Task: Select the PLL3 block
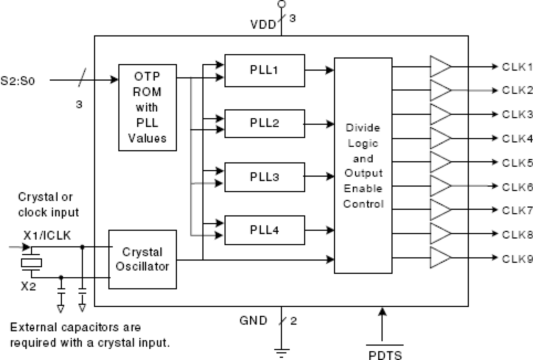click(x=265, y=176)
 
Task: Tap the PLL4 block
click(x=265, y=230)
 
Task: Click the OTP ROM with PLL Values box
click(x=147, y=108)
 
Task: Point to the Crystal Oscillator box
click(x=143, y=259)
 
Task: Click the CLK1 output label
click(x=516, y=67)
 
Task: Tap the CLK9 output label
click(x=516, y=257)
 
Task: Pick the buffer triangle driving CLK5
click(x=440, y=162)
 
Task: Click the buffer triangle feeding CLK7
click(x=440, y=209)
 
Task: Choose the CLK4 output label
click(x=516, y=138)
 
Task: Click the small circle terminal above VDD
click(x=281, y=4)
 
